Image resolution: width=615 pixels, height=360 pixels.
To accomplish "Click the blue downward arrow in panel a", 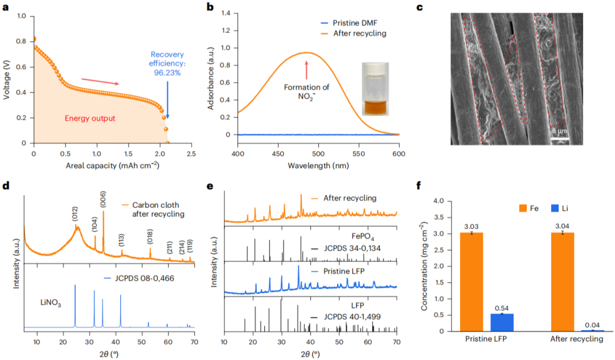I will [x=167, y=103].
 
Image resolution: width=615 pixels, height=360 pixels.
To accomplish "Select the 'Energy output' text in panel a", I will [x=89, y=118].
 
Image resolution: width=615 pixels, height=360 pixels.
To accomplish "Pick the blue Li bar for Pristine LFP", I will [x=502, y=322].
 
